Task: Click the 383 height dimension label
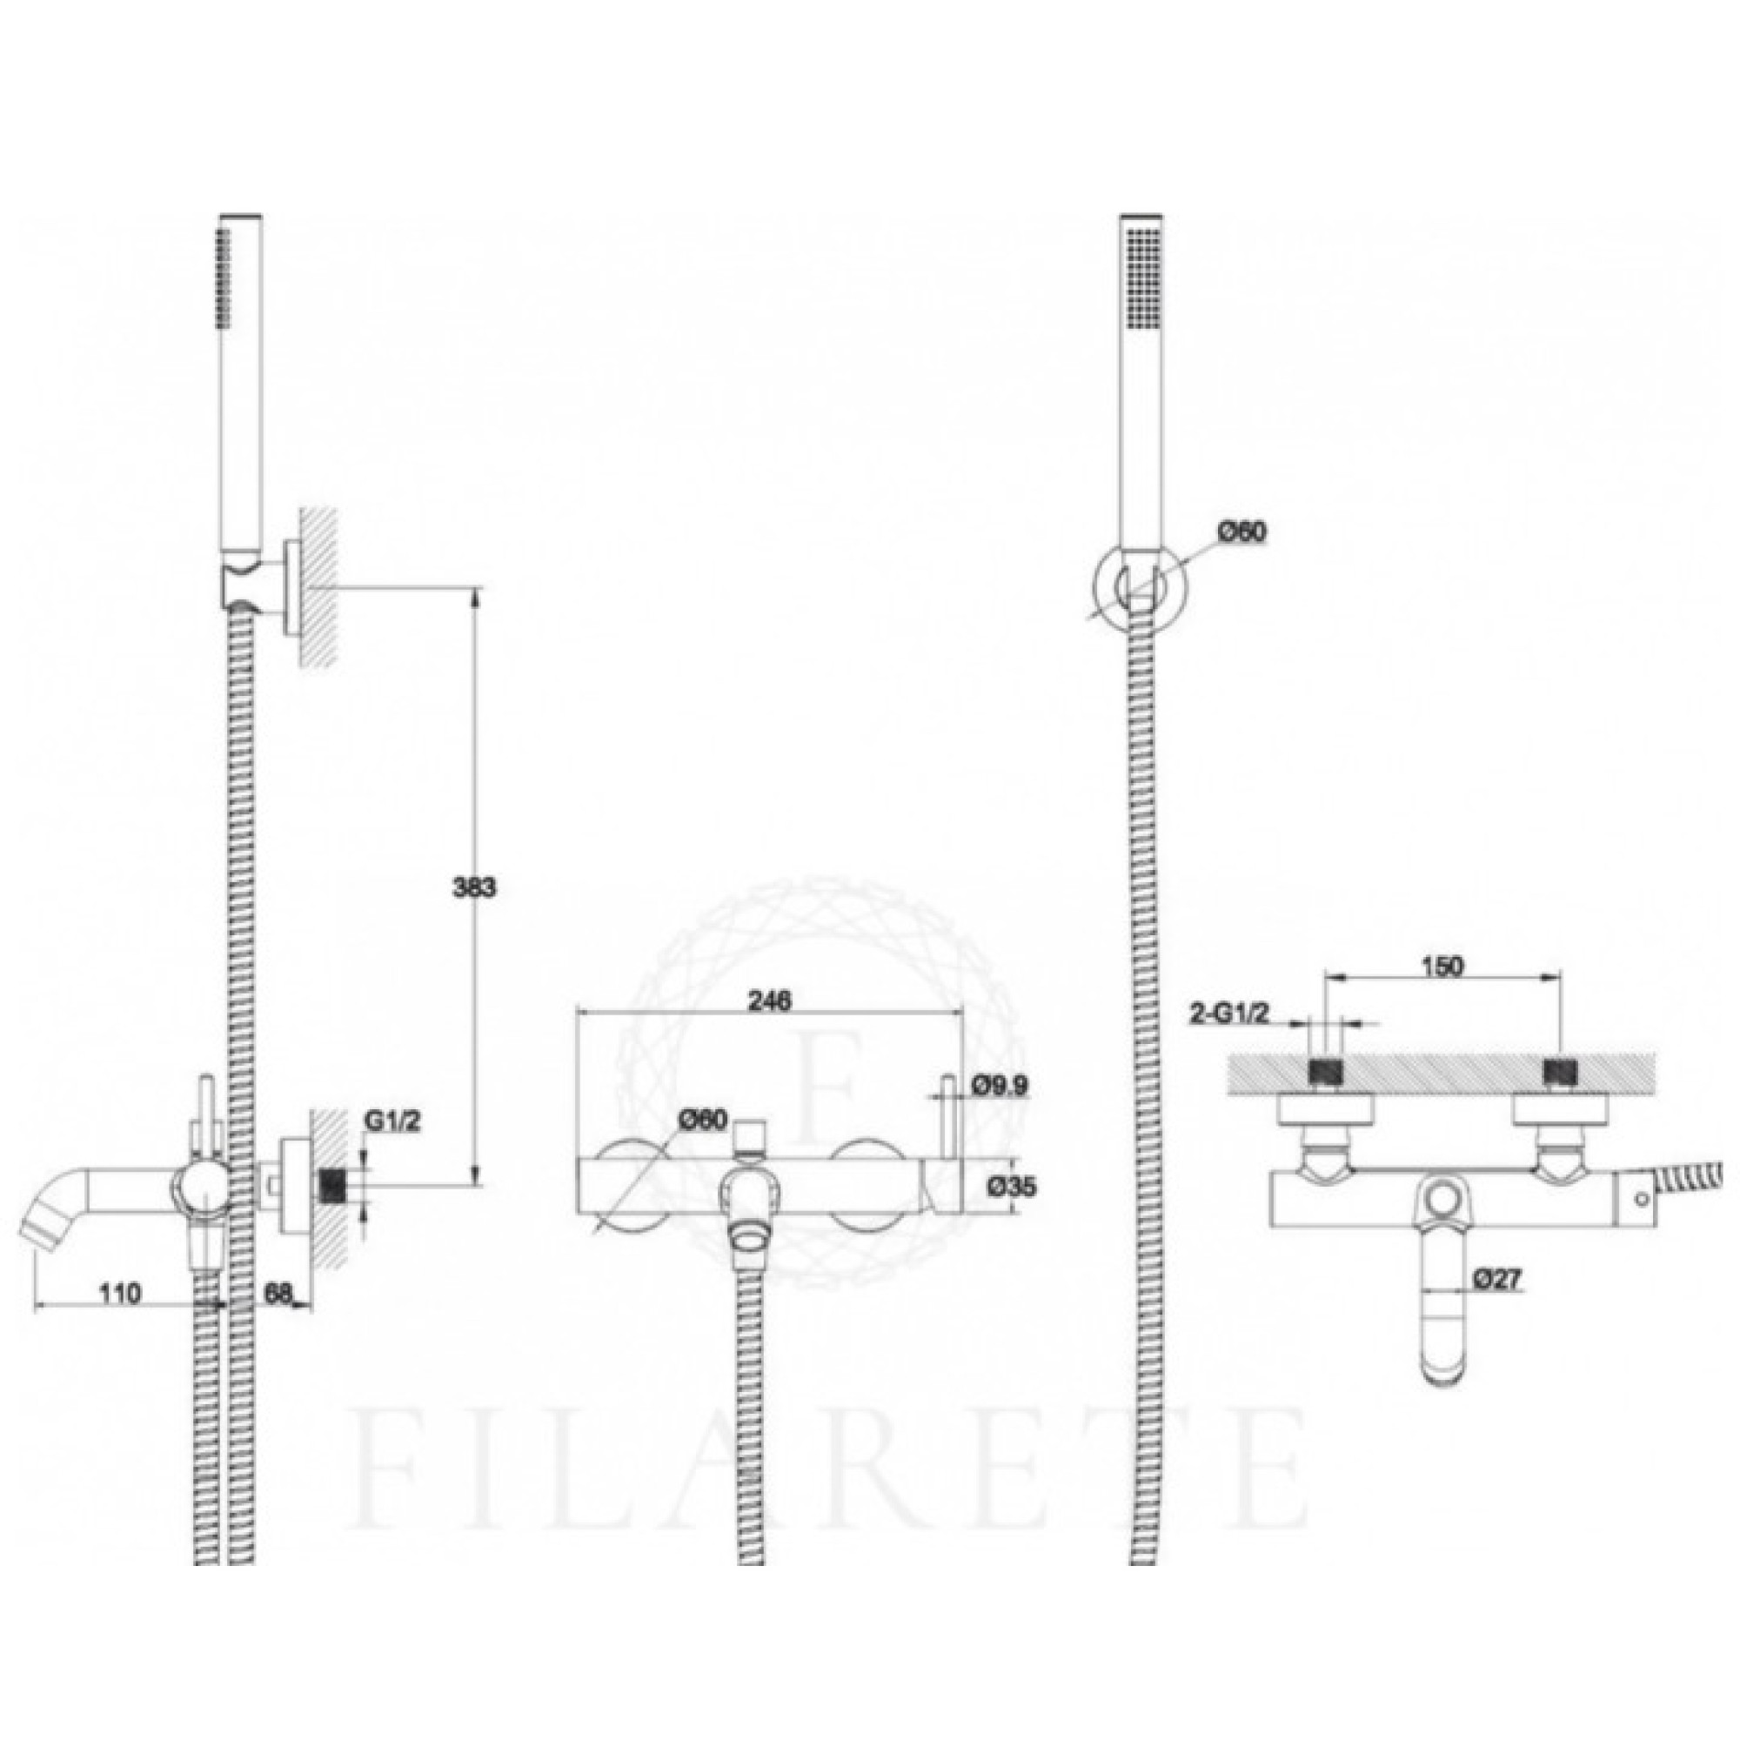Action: (474, 887)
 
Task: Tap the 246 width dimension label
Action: (769, 1000)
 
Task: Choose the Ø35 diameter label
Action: (1010, 1187)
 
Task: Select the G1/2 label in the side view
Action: (391, 1121)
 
